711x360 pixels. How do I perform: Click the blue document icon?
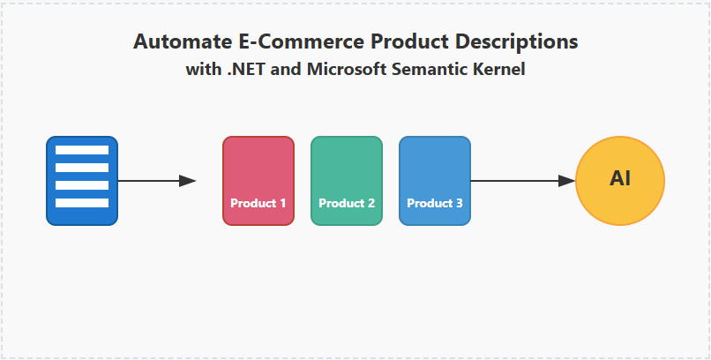tap(82, 181)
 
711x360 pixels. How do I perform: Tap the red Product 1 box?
tap(258, 173)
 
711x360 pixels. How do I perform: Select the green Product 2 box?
tap(347, 173)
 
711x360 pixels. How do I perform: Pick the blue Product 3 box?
tap(435, 173)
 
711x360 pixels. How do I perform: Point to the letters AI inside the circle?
tap(620, 178)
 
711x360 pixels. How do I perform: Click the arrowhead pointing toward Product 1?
tap(187, 181)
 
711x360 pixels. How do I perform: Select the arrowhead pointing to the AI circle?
tap(566, 181)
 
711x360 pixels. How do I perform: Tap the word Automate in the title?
tap(172, 41)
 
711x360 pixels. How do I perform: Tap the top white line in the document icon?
tap(82, 150)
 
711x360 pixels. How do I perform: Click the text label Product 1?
tap(258, 203)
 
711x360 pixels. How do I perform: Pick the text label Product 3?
tap(435, 203)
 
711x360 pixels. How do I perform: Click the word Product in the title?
tap(405, 41)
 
